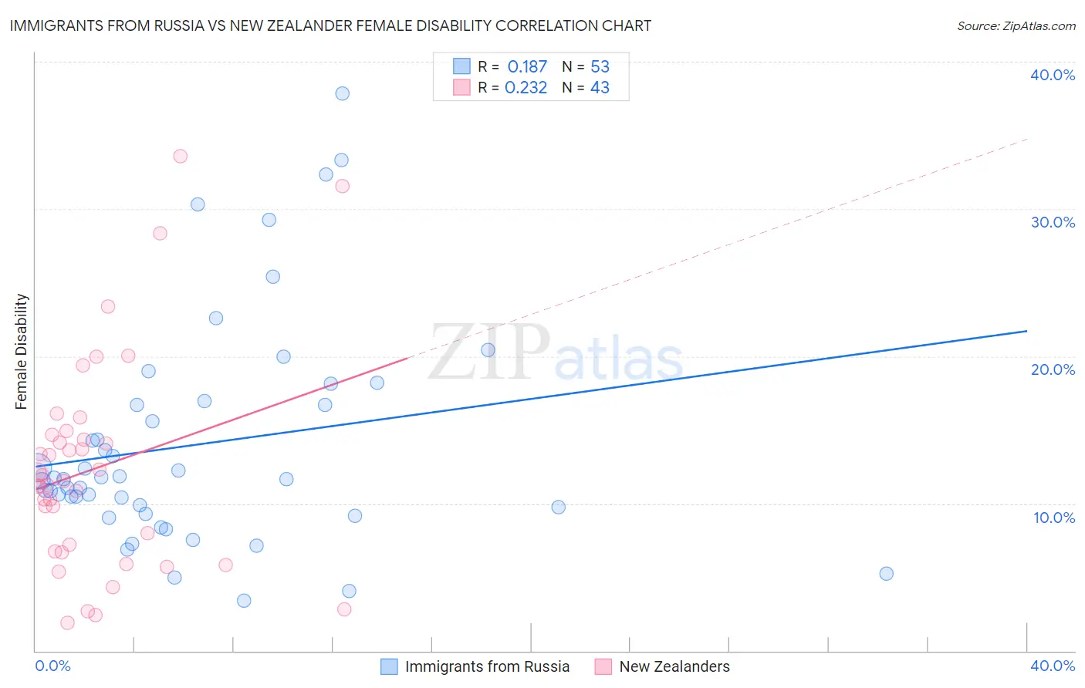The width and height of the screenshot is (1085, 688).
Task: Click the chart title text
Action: click(330, 25)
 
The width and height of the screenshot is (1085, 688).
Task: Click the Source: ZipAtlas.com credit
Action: click(1016, 25)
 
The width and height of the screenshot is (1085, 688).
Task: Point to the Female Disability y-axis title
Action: click(22, 351)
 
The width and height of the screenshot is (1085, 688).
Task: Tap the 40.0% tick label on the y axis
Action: click(1053, 75)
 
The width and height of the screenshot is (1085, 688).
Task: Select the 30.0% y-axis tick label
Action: click(1053, 222)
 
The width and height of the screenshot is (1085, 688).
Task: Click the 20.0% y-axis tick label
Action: click(1053, 369)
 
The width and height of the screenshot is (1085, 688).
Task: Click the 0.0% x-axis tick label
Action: click(52, 666)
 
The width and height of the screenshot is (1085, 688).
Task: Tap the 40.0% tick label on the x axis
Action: click(1053, 666)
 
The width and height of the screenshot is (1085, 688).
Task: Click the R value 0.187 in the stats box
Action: click(527, 67)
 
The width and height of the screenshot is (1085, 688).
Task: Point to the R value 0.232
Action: click(526, 88)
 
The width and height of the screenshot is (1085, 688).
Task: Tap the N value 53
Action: click(600, 67)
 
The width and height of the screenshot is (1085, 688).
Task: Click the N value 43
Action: click(600, 88)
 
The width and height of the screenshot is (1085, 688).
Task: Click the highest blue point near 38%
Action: click(342, 93)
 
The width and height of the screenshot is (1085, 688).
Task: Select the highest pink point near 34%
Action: click(180, 156)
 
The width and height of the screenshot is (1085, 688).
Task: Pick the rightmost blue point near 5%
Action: click(886, 573)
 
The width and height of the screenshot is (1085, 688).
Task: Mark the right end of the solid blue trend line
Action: click(1026, 331)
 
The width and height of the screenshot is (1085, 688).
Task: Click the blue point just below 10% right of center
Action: click(558, 507)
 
